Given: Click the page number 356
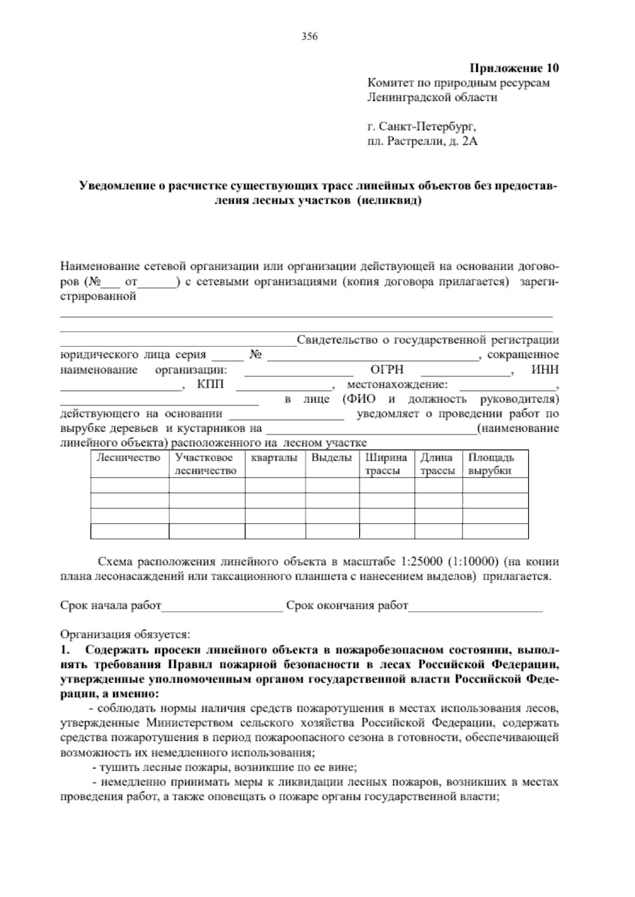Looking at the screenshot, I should (309, 36).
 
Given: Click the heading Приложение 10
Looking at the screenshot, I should (514, 68).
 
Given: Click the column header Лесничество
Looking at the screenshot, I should (129, 458).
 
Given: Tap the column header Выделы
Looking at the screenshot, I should (331, 458).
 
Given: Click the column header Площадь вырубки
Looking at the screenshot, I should (491, 464).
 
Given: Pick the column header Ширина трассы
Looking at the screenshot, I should (386, 464).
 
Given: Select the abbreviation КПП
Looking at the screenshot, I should (211, 385).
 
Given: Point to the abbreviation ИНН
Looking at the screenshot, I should (545, 370).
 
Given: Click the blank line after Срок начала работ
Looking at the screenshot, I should (222, 606).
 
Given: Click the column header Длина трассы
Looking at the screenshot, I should (437, 464).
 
